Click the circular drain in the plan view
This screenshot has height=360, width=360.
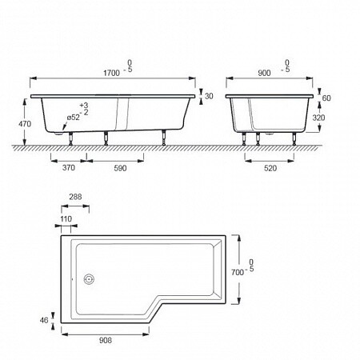(89, 279)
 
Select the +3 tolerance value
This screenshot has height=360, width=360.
(84, 105)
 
